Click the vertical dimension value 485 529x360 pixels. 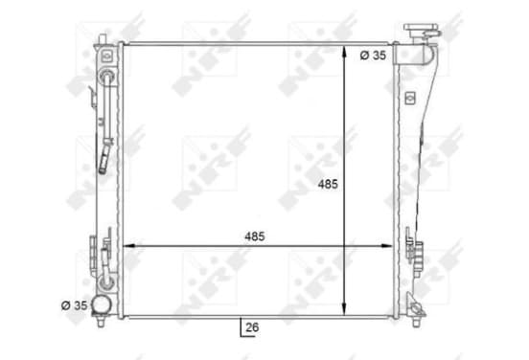328,185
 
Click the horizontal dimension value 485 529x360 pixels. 255,236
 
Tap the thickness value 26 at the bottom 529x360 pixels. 252,327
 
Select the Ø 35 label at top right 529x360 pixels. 373,56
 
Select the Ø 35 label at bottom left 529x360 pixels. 74,305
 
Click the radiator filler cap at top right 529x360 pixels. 422,31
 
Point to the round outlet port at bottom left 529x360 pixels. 102,304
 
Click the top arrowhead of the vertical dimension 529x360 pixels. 344,53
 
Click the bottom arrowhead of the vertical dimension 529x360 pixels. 344,308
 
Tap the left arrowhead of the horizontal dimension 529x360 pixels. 129,246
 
